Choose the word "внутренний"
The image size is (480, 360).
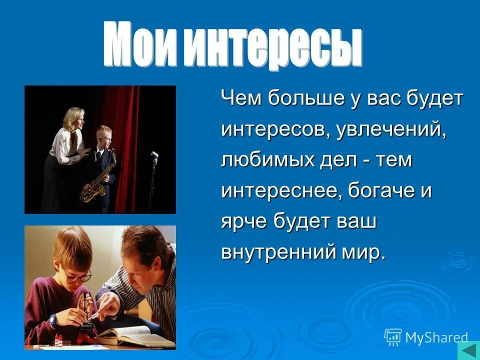click(281, 253)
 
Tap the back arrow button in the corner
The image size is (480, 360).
click(468, 350)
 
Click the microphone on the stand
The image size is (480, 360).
click(154, 155)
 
